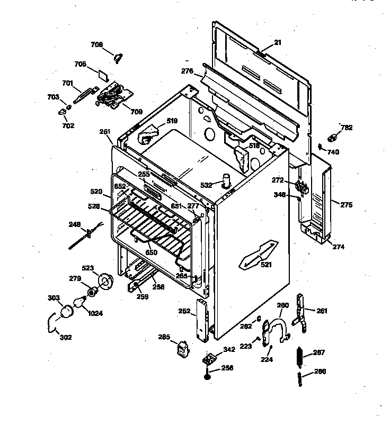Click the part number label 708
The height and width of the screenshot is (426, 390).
96,45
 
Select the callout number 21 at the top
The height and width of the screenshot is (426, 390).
278,42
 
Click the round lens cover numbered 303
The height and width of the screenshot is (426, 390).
67,311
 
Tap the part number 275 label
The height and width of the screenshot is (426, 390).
345,205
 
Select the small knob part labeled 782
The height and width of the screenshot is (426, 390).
334,138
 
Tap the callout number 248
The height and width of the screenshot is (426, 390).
74,224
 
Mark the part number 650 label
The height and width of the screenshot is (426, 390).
151,253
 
